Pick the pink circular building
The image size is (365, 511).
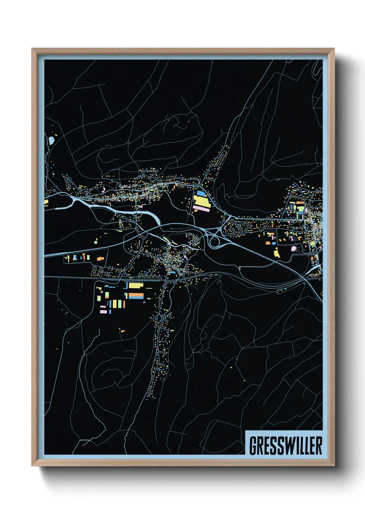(294, 248)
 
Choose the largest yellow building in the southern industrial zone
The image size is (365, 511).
(136, 286)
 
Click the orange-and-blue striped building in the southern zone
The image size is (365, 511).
(136, 296)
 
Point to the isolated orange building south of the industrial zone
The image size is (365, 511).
(122, 331)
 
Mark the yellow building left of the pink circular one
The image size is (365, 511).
(277, 252)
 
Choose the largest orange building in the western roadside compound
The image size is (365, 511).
(100, 258)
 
